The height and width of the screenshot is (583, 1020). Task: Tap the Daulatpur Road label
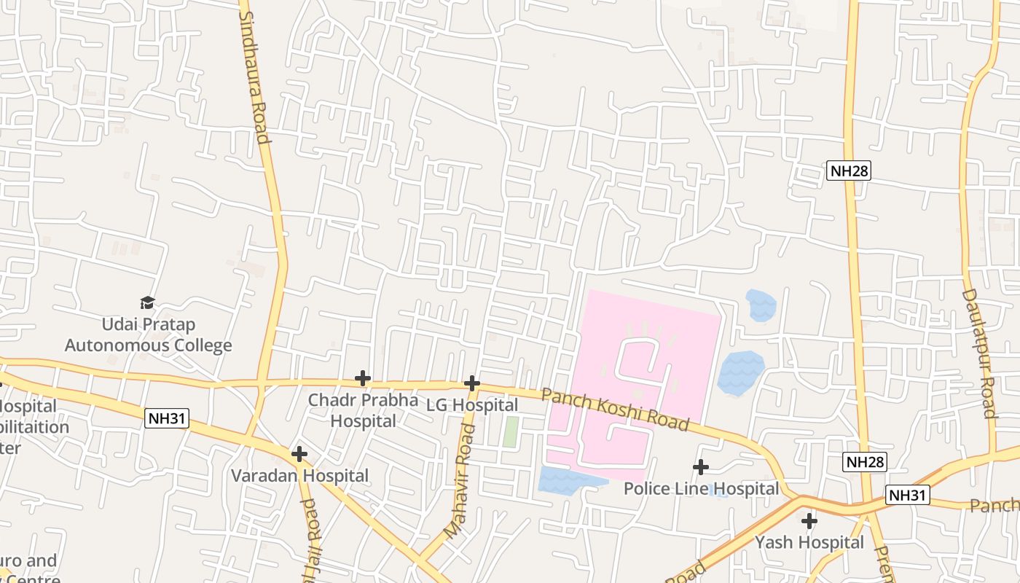pyautogui.click(x=978, y=353)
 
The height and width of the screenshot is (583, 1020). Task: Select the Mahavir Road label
pyautogui.click(x=460, y=482)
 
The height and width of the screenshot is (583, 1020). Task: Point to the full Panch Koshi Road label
pyautogui.click(x=615, y=408)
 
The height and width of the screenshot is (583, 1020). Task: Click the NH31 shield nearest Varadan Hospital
pyautogui.click(x=167, y=418)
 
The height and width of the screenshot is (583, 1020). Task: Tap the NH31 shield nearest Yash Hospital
pyautogui.click(x=909, y=496)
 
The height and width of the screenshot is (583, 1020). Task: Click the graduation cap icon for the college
pyautogui.click(x=148, y=302)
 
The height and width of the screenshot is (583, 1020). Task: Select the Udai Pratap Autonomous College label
pyautogui.click(x=149, y=334)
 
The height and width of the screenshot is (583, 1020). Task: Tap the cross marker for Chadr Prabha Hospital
pyautogui.click(x=362, y=378)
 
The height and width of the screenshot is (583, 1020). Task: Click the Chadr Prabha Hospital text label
pyautogui.click(x=363, y=410)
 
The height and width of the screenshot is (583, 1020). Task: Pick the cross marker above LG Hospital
pyautogui.click(x=472, y=383)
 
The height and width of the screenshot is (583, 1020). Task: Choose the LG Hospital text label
pyautogui.click(x=472, y=405)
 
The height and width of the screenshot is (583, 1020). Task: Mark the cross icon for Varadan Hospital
pyautogui.click(x=299, y=454)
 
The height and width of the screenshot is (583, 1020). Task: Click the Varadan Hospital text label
pyautogui.click(x=299, y=476)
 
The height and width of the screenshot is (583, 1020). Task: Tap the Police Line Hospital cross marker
pyautogui.click(x=701, y=466)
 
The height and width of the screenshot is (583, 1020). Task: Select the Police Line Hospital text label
pyautogui.click(x=701, y=488)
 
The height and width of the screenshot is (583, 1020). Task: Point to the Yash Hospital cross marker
pyautogui.click(x=809, y=521)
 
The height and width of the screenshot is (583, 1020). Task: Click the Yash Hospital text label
pyautogui.click(x=809, y=543)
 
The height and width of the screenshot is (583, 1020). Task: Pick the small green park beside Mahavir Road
pyautogui.click(x=511, y=432)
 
